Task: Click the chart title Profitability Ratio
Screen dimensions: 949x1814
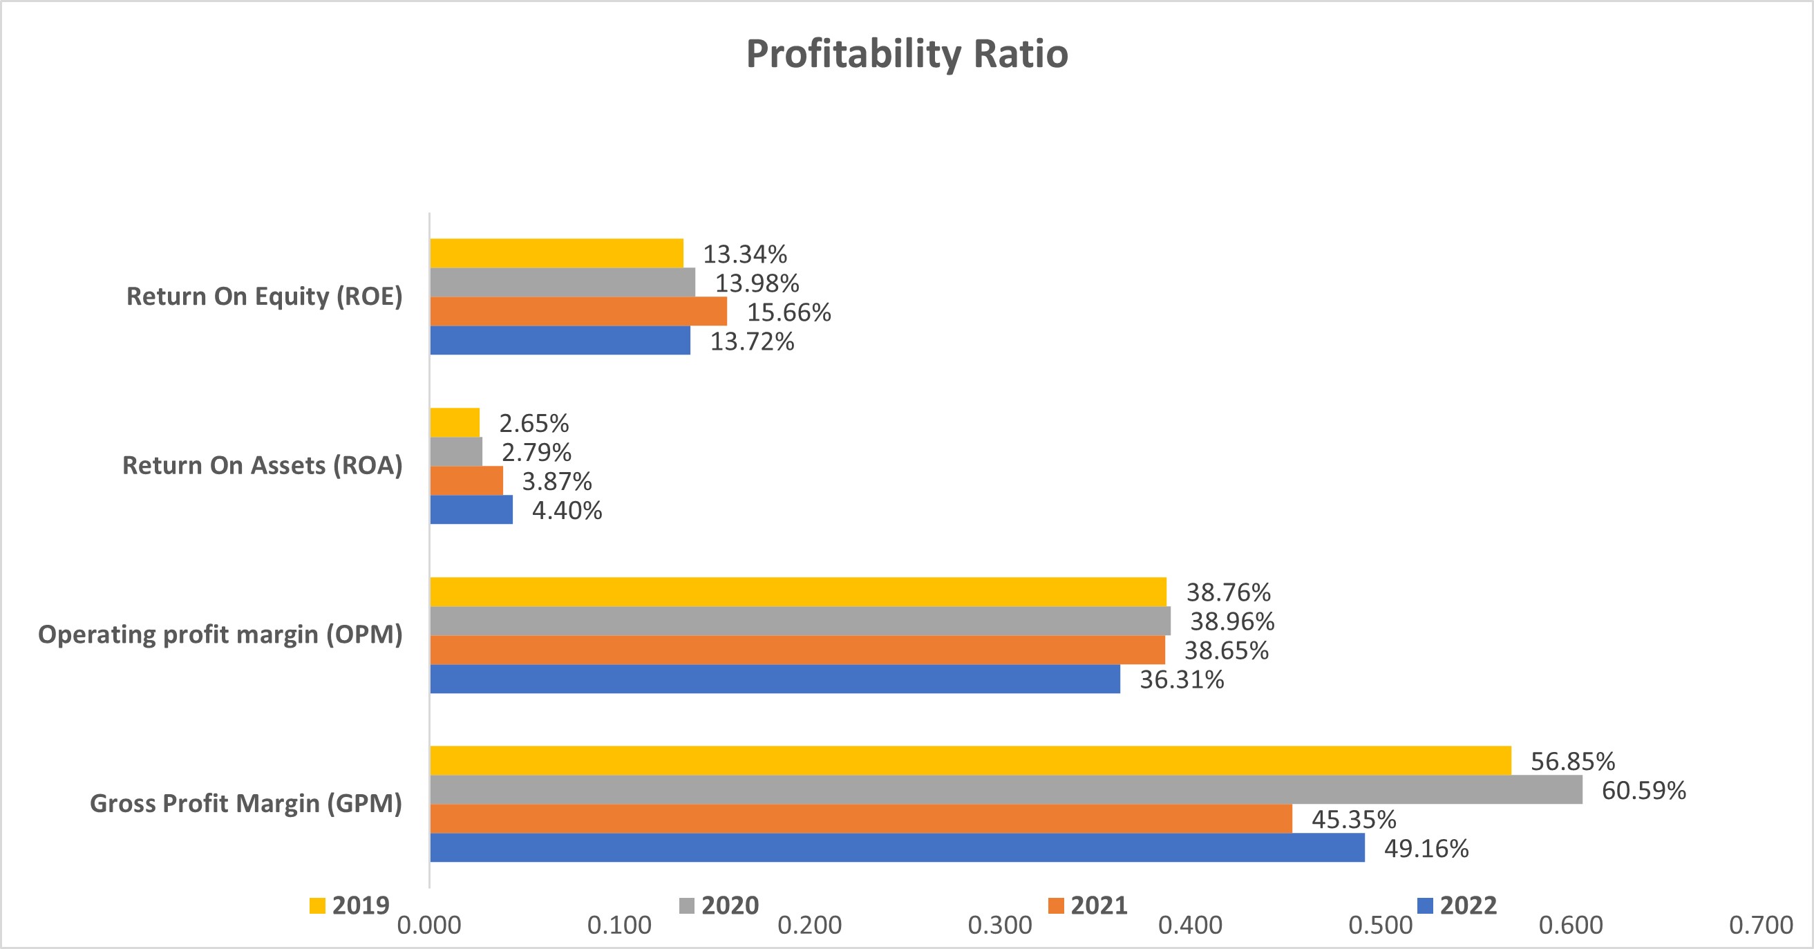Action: coord(907,53)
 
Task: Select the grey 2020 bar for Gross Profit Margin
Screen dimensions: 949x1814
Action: coord(1005,790)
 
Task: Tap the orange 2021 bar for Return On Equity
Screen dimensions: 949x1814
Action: coord(578,312)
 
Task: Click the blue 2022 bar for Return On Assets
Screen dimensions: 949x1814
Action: coord(471,509)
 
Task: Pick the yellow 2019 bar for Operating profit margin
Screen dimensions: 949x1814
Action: coord(798,592)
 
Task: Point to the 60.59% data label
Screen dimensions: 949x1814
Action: coord(1643,791)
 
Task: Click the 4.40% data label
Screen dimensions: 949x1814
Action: coord(567,510)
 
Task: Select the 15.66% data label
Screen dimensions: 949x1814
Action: coord(788,312)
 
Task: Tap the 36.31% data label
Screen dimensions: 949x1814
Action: coord(1182,679)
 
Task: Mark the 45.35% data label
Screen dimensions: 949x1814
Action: coord(1354,819)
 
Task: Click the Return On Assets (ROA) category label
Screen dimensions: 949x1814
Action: coord(262,466)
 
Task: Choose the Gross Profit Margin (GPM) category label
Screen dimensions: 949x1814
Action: coord(246,803)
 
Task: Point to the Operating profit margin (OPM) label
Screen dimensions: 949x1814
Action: coord(220,635)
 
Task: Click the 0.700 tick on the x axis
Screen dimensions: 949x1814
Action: coord(1761,925)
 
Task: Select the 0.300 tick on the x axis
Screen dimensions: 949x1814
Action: coord(999,925)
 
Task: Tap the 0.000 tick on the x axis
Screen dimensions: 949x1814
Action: coord(429,925)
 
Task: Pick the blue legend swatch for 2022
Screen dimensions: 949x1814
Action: coord(1424,905)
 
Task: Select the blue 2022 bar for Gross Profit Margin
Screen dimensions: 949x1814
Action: coord(897,847)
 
